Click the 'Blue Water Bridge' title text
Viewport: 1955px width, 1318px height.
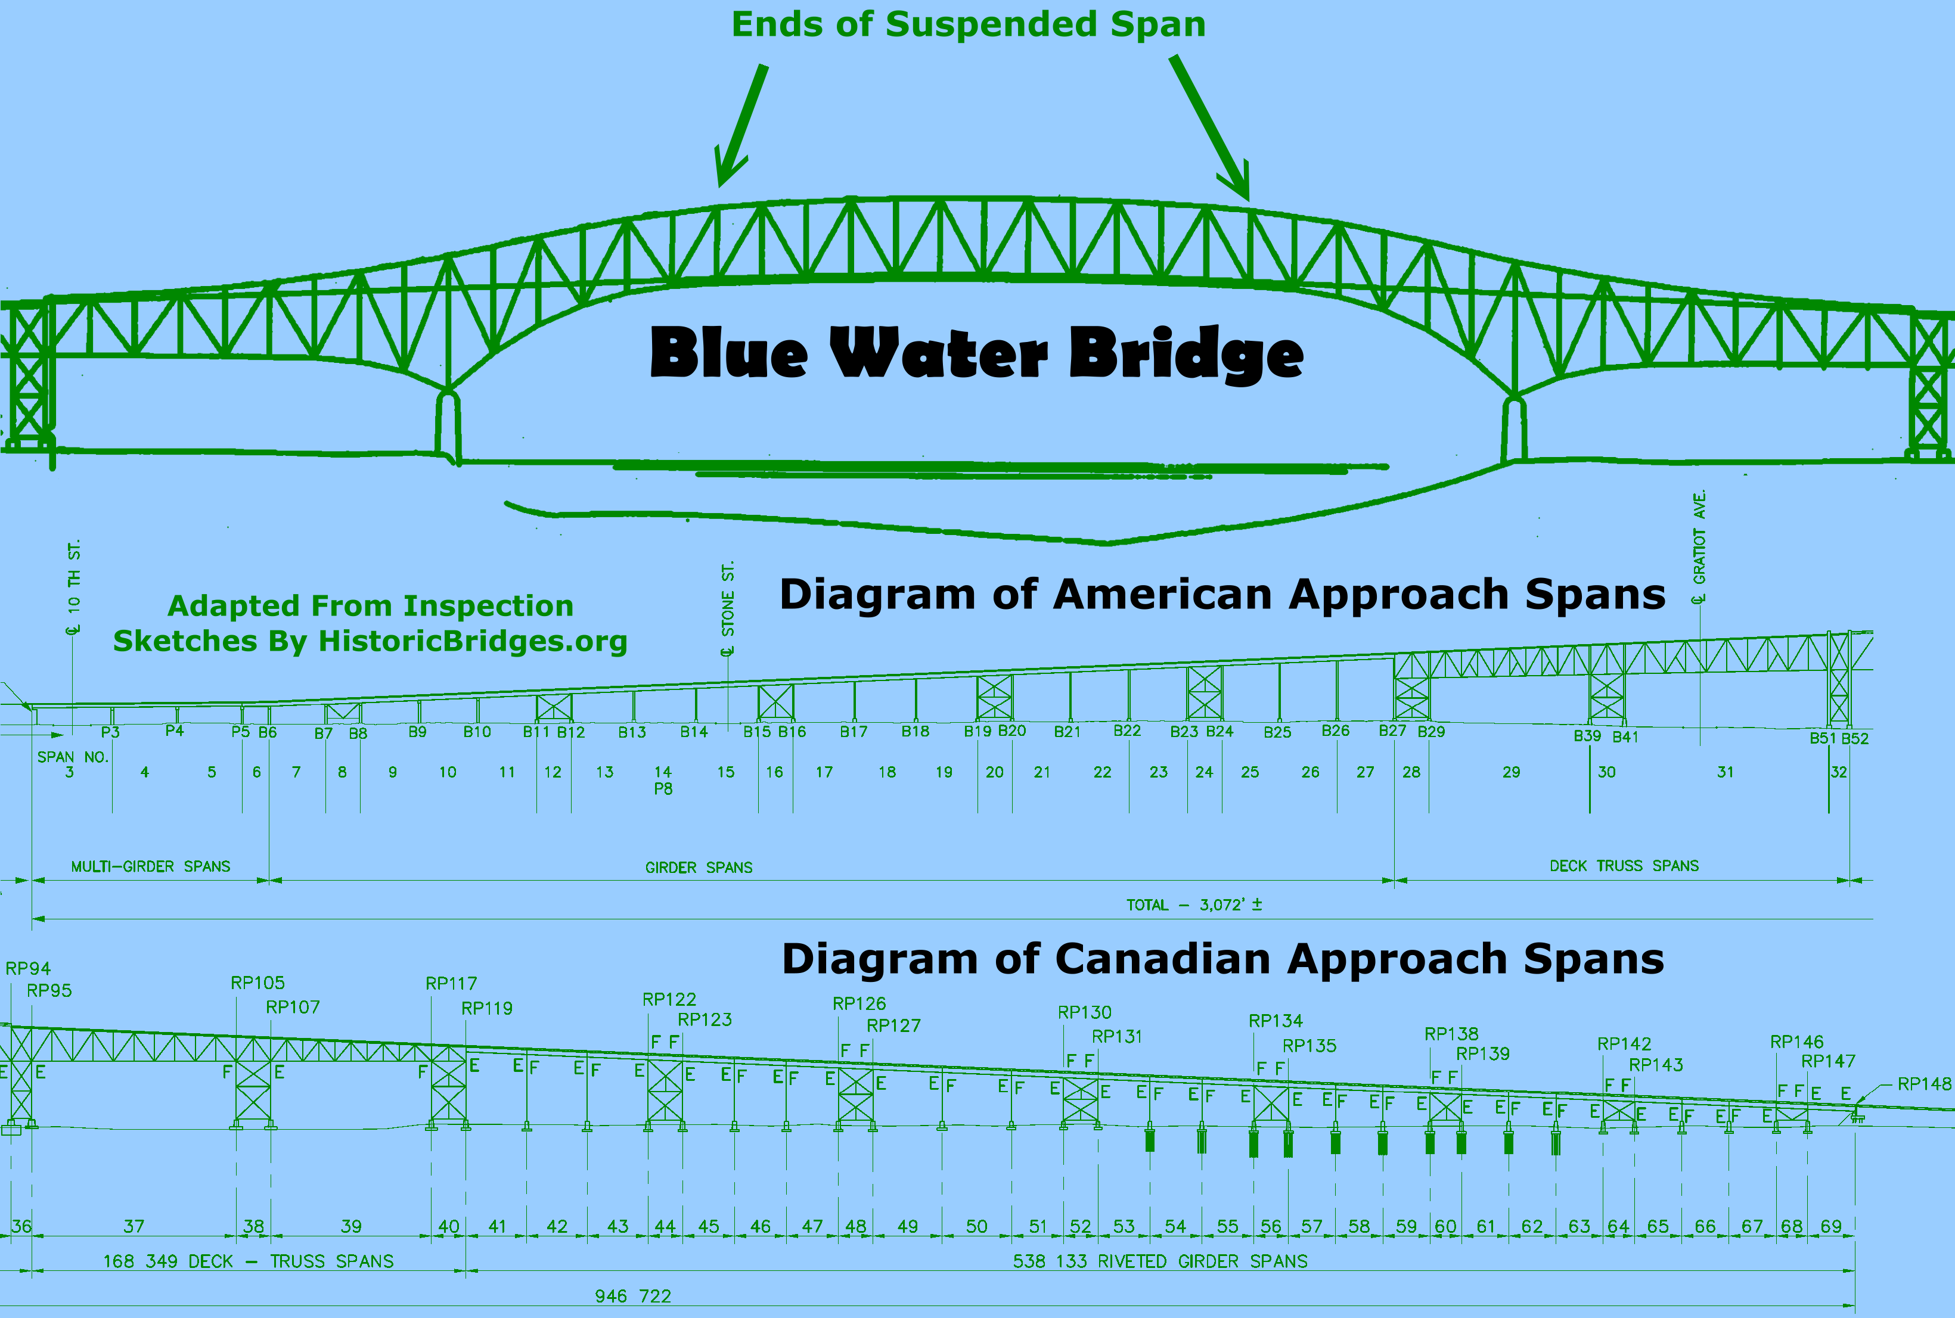tap(976, 353)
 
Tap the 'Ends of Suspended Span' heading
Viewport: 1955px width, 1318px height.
tap(968, 24)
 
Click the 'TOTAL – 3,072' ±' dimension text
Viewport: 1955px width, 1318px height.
tap(1193, 905)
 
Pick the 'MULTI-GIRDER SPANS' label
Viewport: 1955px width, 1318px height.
tap(151, 866)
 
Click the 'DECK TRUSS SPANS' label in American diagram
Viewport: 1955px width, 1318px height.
tap(1624, 866)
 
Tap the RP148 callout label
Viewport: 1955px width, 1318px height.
tap(1924, 1083)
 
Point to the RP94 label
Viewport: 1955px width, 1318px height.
tap(29, 968)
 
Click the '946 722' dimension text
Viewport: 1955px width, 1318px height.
tap(632, 1296)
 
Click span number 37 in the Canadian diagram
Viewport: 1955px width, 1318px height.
tap(134, 1226)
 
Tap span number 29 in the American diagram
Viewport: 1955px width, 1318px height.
tap(1511, 772)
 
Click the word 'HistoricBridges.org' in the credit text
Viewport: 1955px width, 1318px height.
tap(473, 641)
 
